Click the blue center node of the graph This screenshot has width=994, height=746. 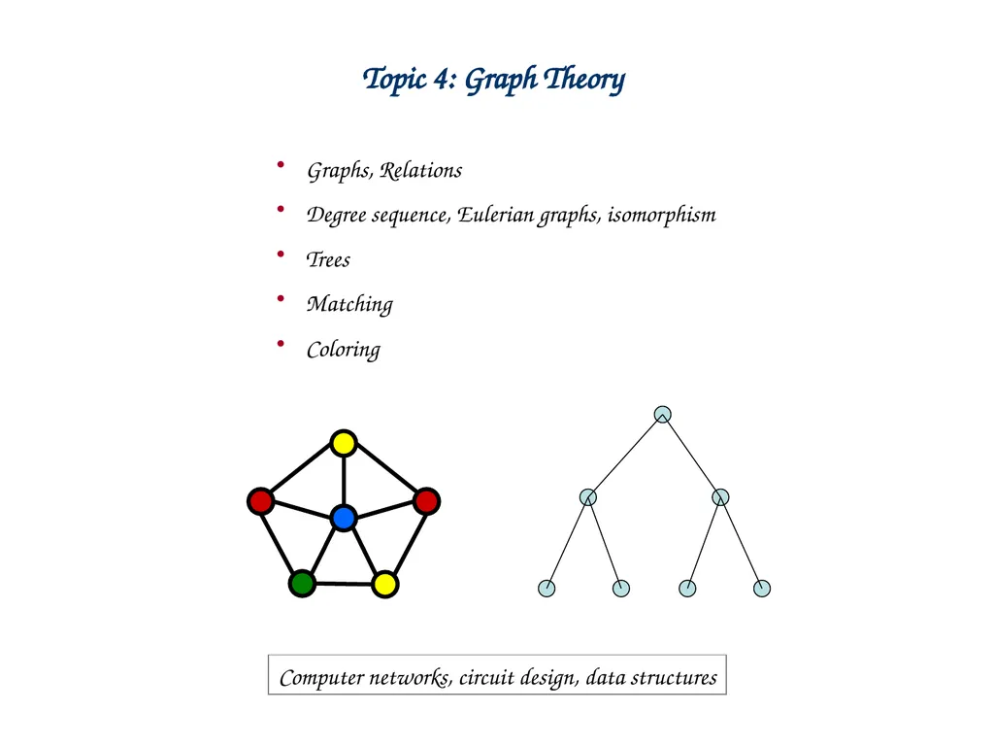344,518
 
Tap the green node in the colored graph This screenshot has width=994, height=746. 303,584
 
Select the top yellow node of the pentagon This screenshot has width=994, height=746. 344,443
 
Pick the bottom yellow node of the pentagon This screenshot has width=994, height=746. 384,584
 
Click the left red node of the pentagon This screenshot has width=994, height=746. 260,501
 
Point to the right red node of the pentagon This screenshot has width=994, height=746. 427,501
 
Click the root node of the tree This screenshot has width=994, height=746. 662,414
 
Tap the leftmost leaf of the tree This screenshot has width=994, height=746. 547,588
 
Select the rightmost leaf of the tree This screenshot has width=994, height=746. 762,588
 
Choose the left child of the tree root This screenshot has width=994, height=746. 588,496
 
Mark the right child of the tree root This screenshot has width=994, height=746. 720,496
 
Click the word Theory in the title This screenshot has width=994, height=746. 584,80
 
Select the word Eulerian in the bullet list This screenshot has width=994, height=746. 496,215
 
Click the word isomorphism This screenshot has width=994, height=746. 662,215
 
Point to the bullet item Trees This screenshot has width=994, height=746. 328,259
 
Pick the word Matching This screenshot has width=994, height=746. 349,304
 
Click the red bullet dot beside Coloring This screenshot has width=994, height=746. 281,344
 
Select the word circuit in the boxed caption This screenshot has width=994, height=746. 485,677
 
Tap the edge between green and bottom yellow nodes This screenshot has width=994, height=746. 344,584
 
